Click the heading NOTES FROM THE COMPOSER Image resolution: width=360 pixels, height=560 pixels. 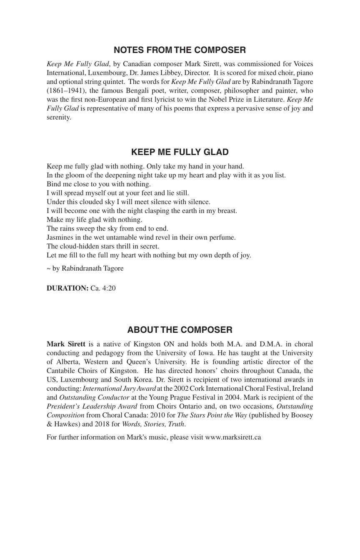pos(180,50)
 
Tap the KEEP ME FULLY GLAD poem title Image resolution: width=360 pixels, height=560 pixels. pos(180,152)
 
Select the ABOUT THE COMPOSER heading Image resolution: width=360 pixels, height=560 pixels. pos(180,330)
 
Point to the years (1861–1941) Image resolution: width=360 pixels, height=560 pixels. pos(63,91)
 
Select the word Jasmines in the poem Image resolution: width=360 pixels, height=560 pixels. pos(60,238)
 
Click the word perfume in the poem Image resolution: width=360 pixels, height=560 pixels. pos(224,238)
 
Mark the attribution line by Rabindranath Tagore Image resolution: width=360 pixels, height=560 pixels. pos(85,269)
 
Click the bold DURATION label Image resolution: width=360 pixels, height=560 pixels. pos(67,289)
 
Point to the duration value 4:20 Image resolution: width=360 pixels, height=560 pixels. pos(109,289)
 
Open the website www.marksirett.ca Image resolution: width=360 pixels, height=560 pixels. pos(233,437)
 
